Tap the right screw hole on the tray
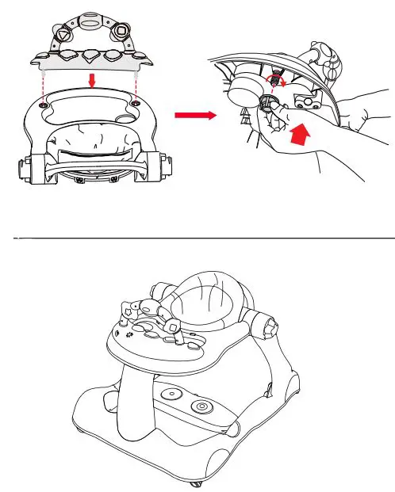(x=136, y=104)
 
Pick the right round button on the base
(x=202, y=407)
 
